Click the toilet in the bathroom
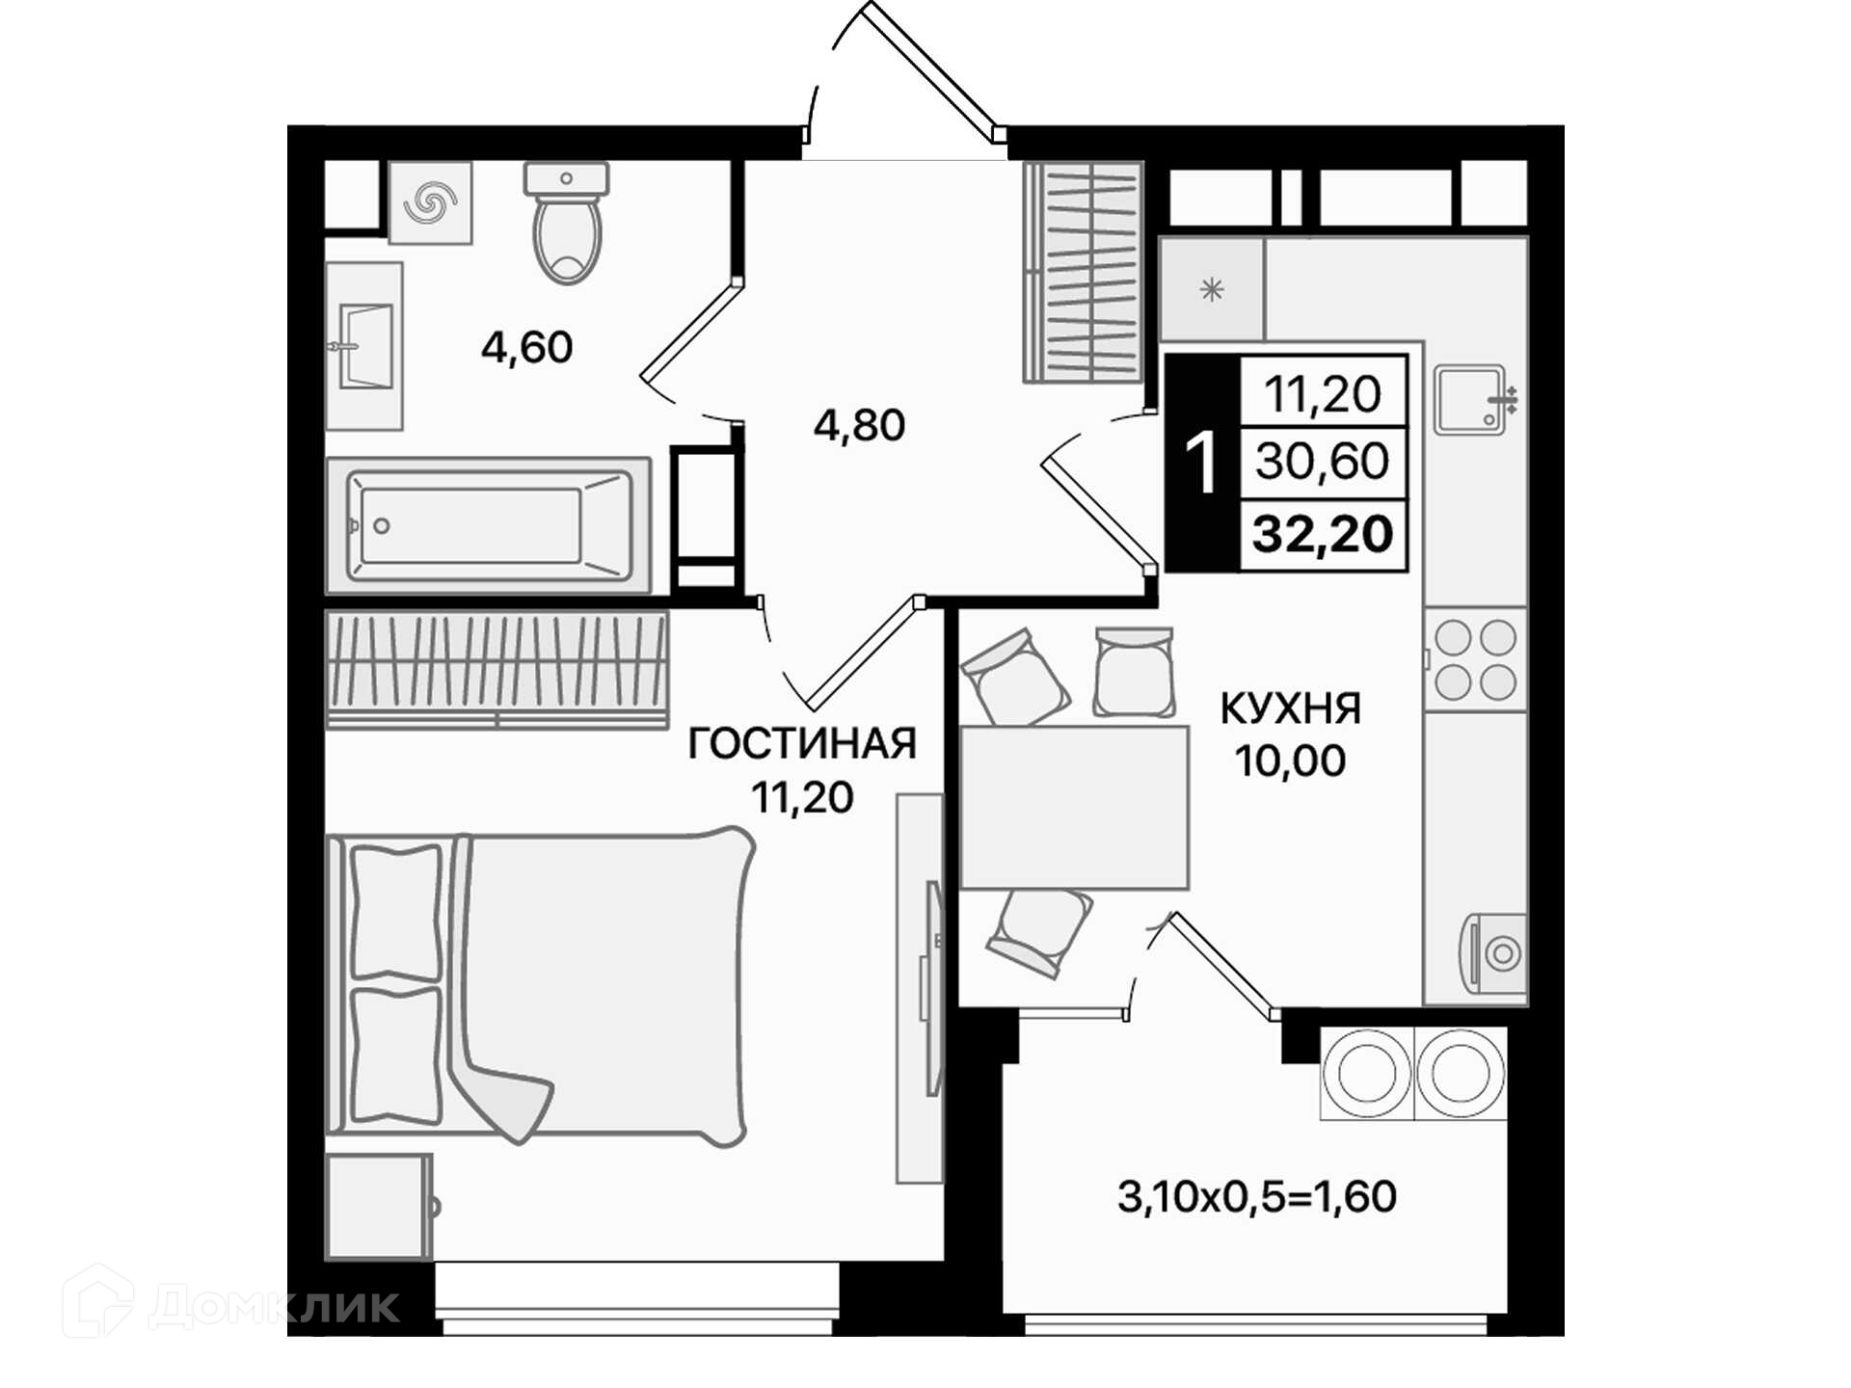[567, 223]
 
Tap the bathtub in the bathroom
[489, 526]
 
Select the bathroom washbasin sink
[364, 346]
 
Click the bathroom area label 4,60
[527, 347]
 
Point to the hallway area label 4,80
[859, 425]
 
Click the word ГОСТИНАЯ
[802, 744]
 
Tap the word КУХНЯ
[1291, 708]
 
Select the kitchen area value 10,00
[1291, 761]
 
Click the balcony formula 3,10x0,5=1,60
[1257, 1197]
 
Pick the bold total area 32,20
[1323, 534]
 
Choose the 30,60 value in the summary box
[1323, 462]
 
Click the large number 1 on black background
[1202, 464]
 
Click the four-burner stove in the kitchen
[1475, 660]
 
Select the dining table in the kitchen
[1074, 808]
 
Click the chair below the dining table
[1039, 931]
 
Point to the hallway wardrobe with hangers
[1083, 272]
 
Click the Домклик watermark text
[274, 1305]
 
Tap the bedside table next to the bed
[380, 1207]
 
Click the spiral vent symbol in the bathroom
[430, 202]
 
